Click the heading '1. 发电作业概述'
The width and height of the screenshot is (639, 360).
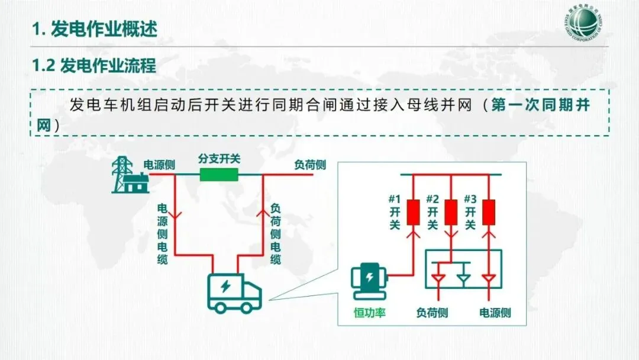click(95, 29)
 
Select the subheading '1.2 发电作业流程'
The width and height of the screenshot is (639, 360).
click(94, 65)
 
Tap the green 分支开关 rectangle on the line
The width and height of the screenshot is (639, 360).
click(219, 174)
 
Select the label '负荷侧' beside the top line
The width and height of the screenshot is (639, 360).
click(310, 165)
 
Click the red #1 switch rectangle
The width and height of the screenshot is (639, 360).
click(414, 213)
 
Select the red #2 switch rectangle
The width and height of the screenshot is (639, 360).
click(451, 213)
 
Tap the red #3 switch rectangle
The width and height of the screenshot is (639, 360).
click(489, 213)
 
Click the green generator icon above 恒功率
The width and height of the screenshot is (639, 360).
click(368, 282)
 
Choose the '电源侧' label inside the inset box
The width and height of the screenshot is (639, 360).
click(495, 313)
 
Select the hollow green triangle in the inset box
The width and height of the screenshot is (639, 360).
click(464, 277)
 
